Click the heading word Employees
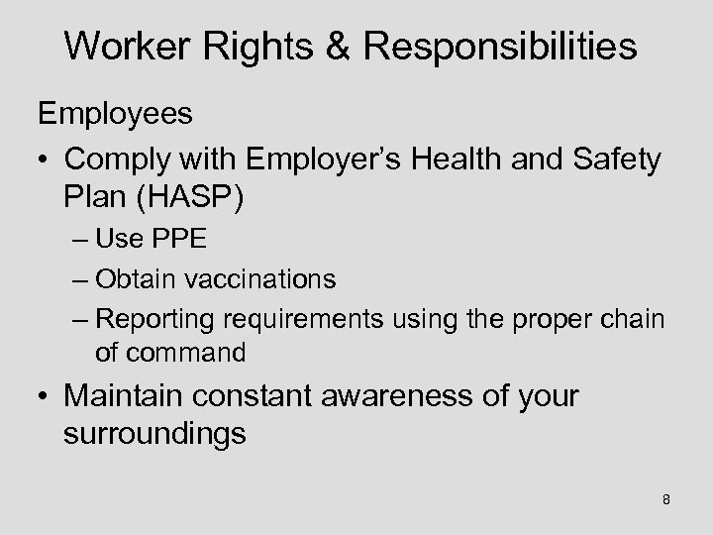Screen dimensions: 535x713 116,114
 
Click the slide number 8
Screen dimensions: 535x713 665,499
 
